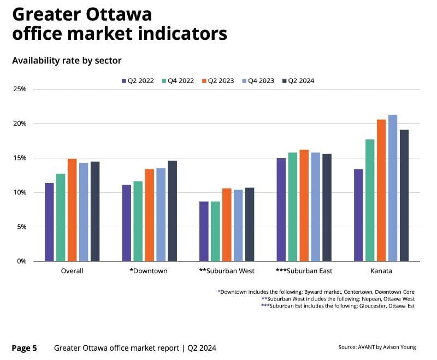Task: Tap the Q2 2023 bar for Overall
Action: point(72,210)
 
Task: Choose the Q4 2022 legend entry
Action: point(178,81)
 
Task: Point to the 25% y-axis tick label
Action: point(20,89)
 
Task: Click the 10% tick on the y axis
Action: point(20,192)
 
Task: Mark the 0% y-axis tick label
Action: point(22,261)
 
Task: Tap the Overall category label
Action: point(72,271)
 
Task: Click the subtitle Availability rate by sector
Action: point(67,60)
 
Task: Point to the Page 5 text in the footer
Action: point(25,347)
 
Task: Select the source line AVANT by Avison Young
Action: point(377,347)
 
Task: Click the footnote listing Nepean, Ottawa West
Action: point(338,299)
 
